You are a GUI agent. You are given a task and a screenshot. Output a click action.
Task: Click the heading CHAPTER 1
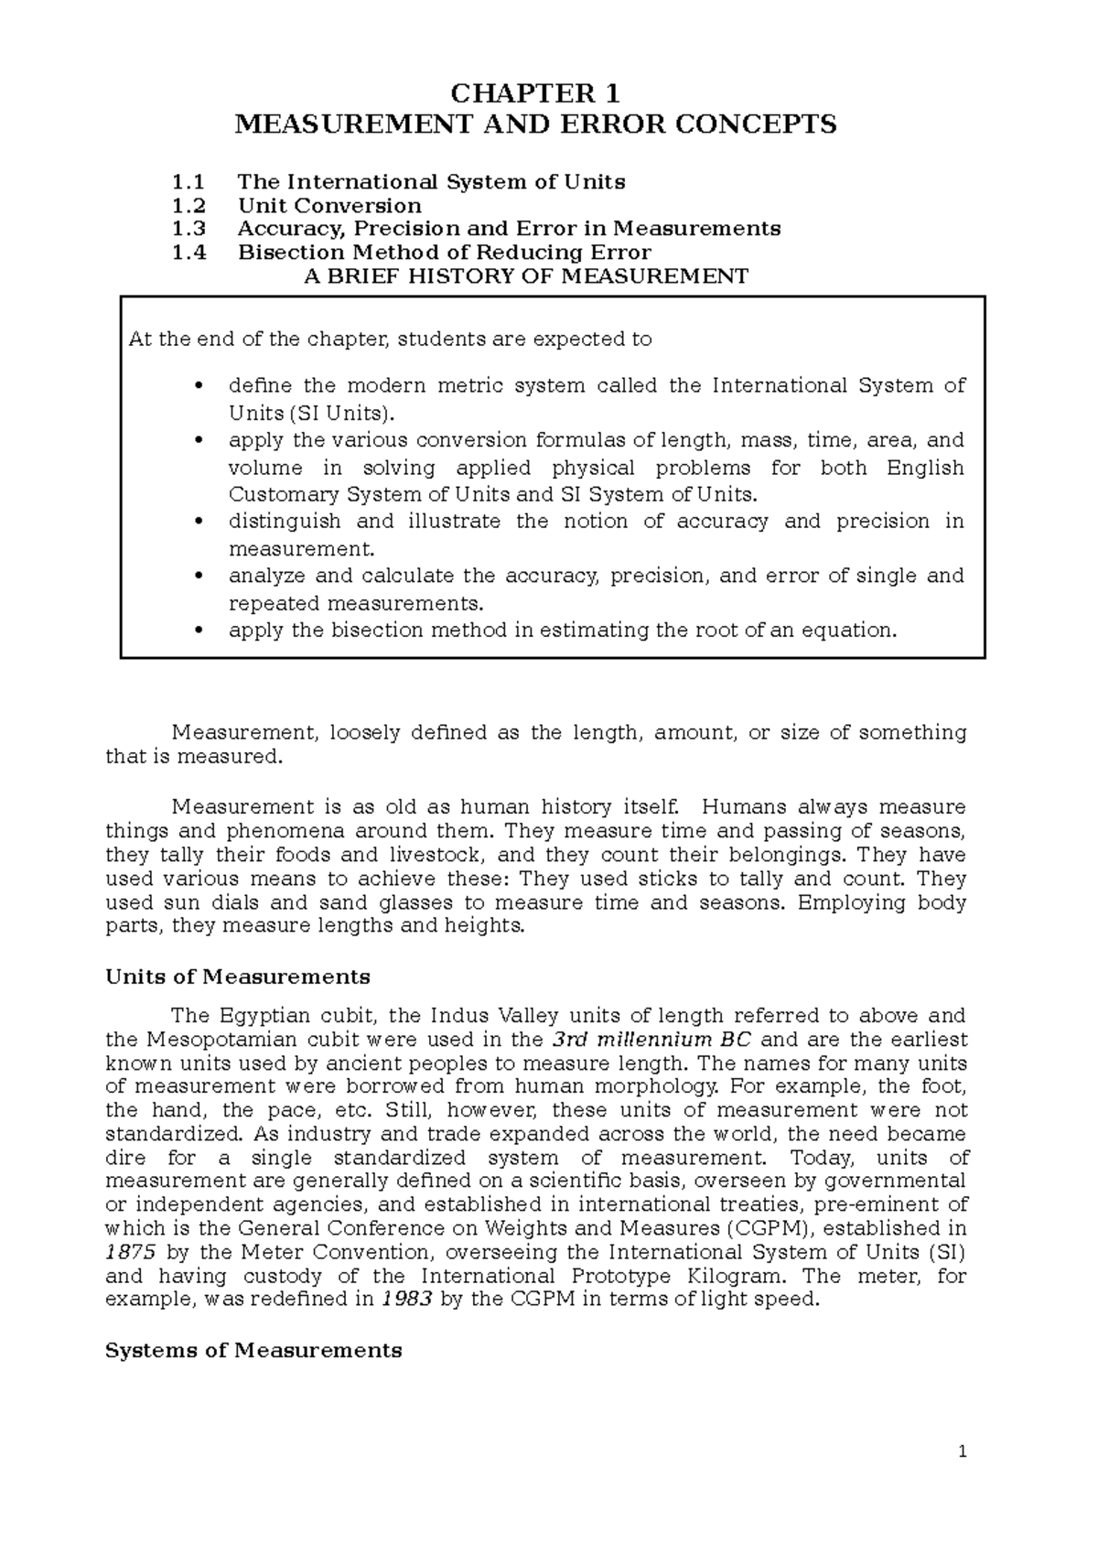tap(536, 94)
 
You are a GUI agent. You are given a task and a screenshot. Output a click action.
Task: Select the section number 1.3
tap(188, 229)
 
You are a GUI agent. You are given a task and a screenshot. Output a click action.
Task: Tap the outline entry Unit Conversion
tap(329, 205)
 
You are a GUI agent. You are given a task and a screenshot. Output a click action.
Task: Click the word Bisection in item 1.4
tap(291, 253)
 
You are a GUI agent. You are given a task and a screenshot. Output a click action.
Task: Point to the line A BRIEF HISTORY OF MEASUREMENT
tap(525, 276)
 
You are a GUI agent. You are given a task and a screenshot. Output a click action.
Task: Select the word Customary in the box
tap(283, 495)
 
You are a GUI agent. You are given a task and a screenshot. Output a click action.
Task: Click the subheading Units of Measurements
tap(238, 977)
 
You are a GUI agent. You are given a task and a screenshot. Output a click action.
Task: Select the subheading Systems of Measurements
tap(253, 1351)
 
